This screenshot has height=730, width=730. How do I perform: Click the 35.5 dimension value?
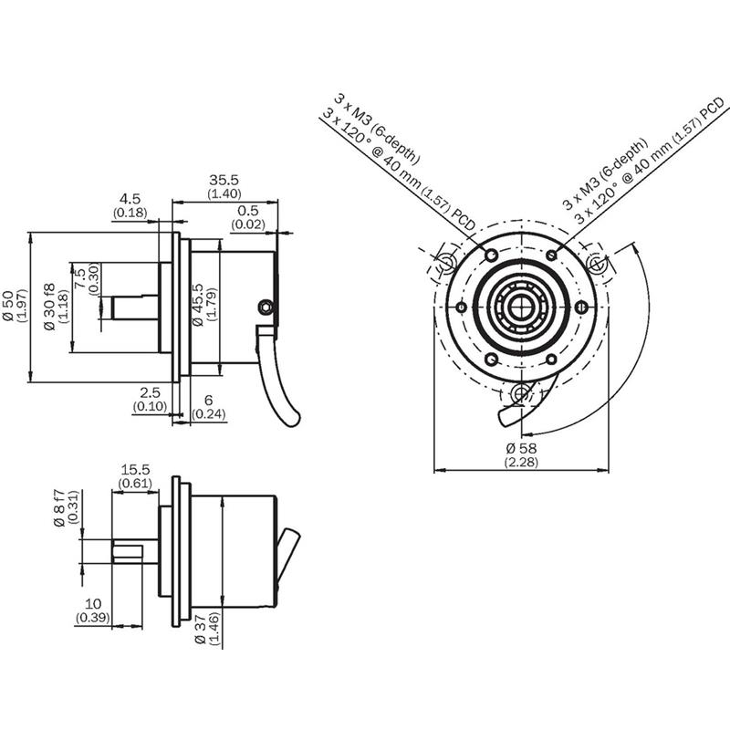tap(224, 180)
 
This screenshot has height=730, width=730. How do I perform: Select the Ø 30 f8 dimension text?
tap(49, 307)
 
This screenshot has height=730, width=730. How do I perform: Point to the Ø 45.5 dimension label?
tap(198, 305)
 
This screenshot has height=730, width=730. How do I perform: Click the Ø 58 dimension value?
tap(521, 448)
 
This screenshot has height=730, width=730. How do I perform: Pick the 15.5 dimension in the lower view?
tap(135, 470)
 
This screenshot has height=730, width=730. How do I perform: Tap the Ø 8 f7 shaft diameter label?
tap(59, 508)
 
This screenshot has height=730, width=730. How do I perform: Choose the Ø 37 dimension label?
tap(200, 629)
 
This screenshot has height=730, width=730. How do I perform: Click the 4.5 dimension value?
tap(130, 199)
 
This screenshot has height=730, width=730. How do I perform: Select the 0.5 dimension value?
tap(247, 211)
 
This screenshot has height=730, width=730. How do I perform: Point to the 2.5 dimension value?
tap(150, 392)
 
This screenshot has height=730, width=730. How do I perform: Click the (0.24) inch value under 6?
tap(209, 413)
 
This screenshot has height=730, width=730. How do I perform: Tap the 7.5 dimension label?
tap(80, 278)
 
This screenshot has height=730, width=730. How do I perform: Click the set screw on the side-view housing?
tap(266, 307)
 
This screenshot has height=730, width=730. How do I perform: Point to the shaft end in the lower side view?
tap(113, 552)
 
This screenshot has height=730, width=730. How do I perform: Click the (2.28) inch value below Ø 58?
tap(521, 463)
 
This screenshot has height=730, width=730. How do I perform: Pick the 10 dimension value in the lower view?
tap(93, 604)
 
